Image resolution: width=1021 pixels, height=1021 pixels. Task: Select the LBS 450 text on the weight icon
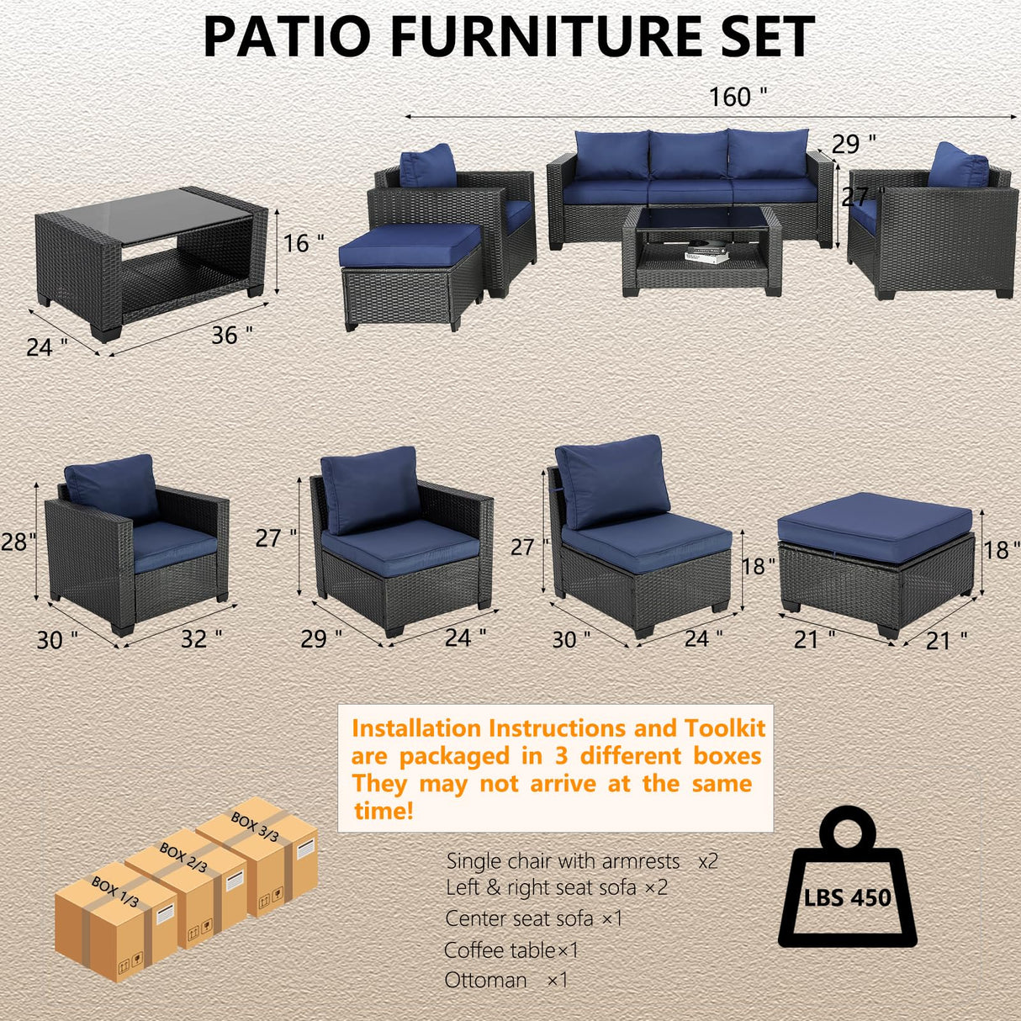pyautogui.click(x=847, y=897)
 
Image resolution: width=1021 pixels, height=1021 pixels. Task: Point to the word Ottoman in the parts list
pyautogui.click(x=485, y=980)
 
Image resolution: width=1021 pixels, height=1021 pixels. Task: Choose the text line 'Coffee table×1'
pyautogui.click(x=511, y=950)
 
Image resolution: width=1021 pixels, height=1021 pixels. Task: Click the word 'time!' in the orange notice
pyautogui.click(x=384, y=812)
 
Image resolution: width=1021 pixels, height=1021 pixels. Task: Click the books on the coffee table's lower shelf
pyautogui.click(x=704, y=252)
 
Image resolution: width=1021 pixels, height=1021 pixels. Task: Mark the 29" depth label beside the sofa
pyautogui.click(x=854, y=144)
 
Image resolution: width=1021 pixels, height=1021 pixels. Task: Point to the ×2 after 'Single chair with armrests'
pyautogui.click(x=708, y=861)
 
